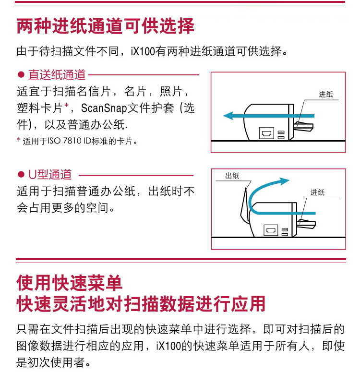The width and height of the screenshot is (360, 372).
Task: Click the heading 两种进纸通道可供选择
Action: tap(106, 26)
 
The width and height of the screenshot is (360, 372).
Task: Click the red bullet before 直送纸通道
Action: tap(21, 75)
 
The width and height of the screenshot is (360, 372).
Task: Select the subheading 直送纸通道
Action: tap(57, 75)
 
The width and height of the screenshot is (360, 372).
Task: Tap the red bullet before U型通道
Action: tap(21, 175)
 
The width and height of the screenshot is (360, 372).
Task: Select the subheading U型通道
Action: tap(50, 175)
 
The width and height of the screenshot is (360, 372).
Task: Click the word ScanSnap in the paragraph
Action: tap(104, 108)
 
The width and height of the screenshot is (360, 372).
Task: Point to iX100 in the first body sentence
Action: tap(143, 51)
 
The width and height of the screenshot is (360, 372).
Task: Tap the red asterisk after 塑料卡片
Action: tap(66, 105)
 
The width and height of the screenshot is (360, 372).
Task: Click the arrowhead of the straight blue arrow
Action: tap(228, 116)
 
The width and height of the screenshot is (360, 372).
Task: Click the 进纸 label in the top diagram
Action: tap(326, 95)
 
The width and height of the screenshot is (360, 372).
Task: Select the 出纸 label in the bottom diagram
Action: tap(232, 176)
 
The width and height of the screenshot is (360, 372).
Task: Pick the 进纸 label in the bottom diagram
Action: tap(318, 192)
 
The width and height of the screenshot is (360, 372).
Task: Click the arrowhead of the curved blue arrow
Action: tap(284, 181)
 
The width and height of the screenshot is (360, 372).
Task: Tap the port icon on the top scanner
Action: tap(266, 133)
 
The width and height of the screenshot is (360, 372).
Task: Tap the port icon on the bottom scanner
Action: tap(271, 230)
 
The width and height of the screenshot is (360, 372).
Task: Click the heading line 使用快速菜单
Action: tap(69, 283)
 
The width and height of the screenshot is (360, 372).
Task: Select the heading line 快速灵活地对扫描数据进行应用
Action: tap(141, 304)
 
